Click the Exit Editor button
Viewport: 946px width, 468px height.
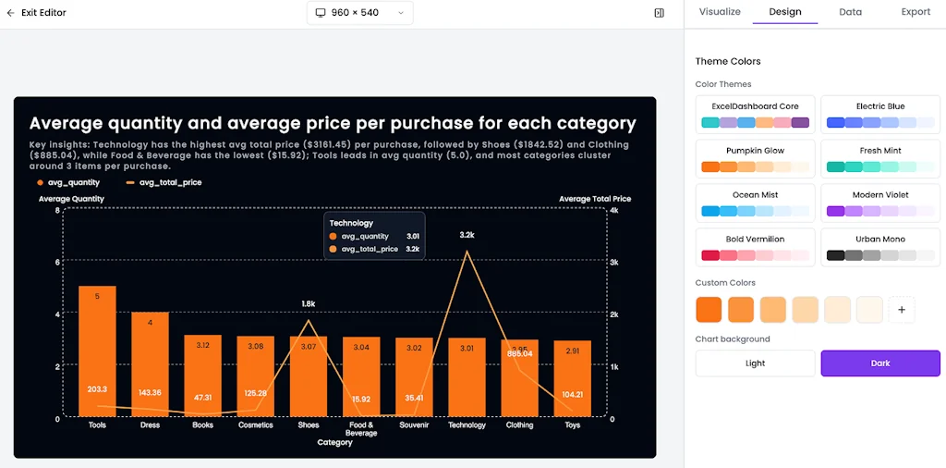37,13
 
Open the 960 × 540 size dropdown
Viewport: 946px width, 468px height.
359,13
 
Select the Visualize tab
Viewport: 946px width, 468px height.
720,12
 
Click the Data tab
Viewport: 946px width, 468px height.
850,12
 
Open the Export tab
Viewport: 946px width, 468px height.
916,12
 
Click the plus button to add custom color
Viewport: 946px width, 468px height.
902,310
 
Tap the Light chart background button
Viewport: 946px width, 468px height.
755,363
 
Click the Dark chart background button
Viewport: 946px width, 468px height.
879,363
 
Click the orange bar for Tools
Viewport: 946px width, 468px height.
97,351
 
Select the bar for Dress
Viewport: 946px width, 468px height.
150,364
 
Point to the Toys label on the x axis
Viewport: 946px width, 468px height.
572,425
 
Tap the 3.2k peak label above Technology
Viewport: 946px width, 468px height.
467,235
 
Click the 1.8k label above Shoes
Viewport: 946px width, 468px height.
309,303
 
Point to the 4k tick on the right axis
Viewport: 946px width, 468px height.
615,211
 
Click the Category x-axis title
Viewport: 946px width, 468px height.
334,443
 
